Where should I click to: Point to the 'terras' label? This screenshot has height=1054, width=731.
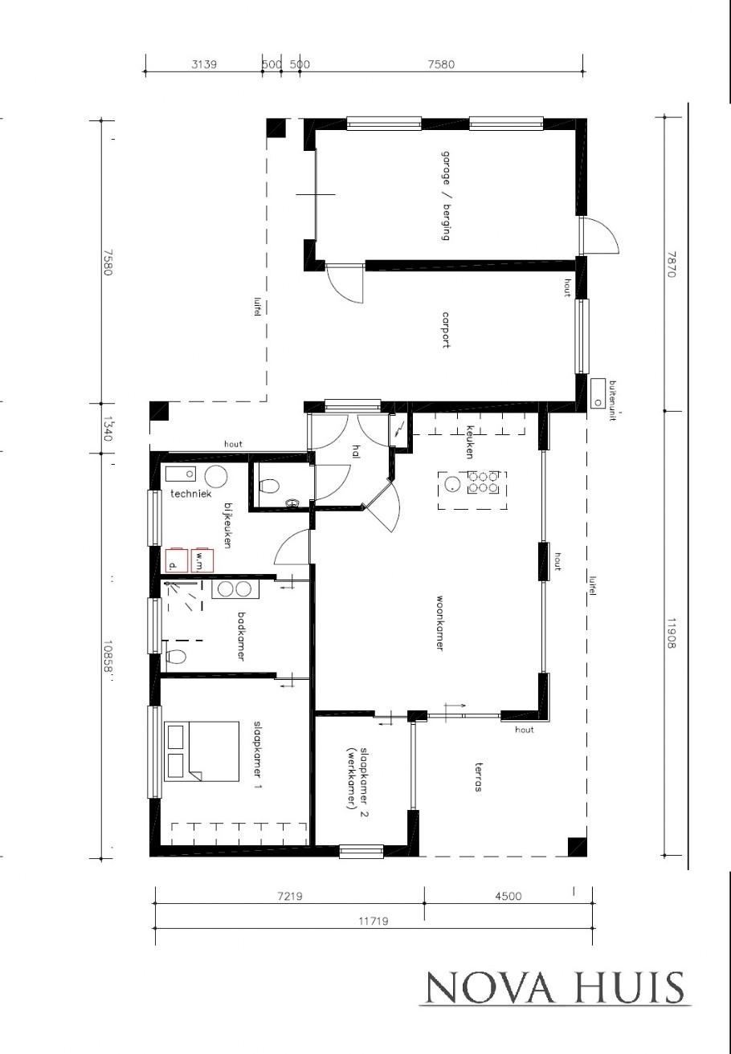tap(478, 777)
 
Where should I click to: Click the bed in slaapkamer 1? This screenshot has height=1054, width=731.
tap(202, 751)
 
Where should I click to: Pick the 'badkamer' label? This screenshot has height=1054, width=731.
tap(241, 637)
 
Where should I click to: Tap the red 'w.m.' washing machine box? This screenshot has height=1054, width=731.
tap(202, 560)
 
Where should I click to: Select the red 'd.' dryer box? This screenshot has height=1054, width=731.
tap(176, 560)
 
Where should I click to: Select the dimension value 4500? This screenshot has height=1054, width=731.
tap(505, 896)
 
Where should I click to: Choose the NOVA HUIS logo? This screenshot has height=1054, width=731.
tap(554, 987)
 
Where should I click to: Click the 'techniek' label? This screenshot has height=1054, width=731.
tap(190, 494)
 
